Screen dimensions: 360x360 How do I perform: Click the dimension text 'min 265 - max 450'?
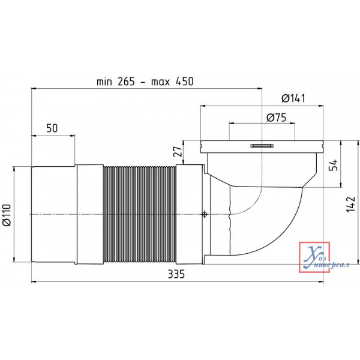pos(145,82)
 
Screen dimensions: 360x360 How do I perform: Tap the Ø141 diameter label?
pos(293,98)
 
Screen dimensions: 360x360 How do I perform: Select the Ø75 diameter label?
pos(277,118)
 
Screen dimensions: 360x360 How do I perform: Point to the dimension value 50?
pos(52,128)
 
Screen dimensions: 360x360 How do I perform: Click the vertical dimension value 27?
pos(178,151)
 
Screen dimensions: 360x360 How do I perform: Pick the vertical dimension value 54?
pos(334,165)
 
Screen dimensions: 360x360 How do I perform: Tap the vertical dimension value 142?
pos(351,205)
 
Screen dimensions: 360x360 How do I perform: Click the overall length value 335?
pos(176,274)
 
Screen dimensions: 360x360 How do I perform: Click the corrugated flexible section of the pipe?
pos(140,214)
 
